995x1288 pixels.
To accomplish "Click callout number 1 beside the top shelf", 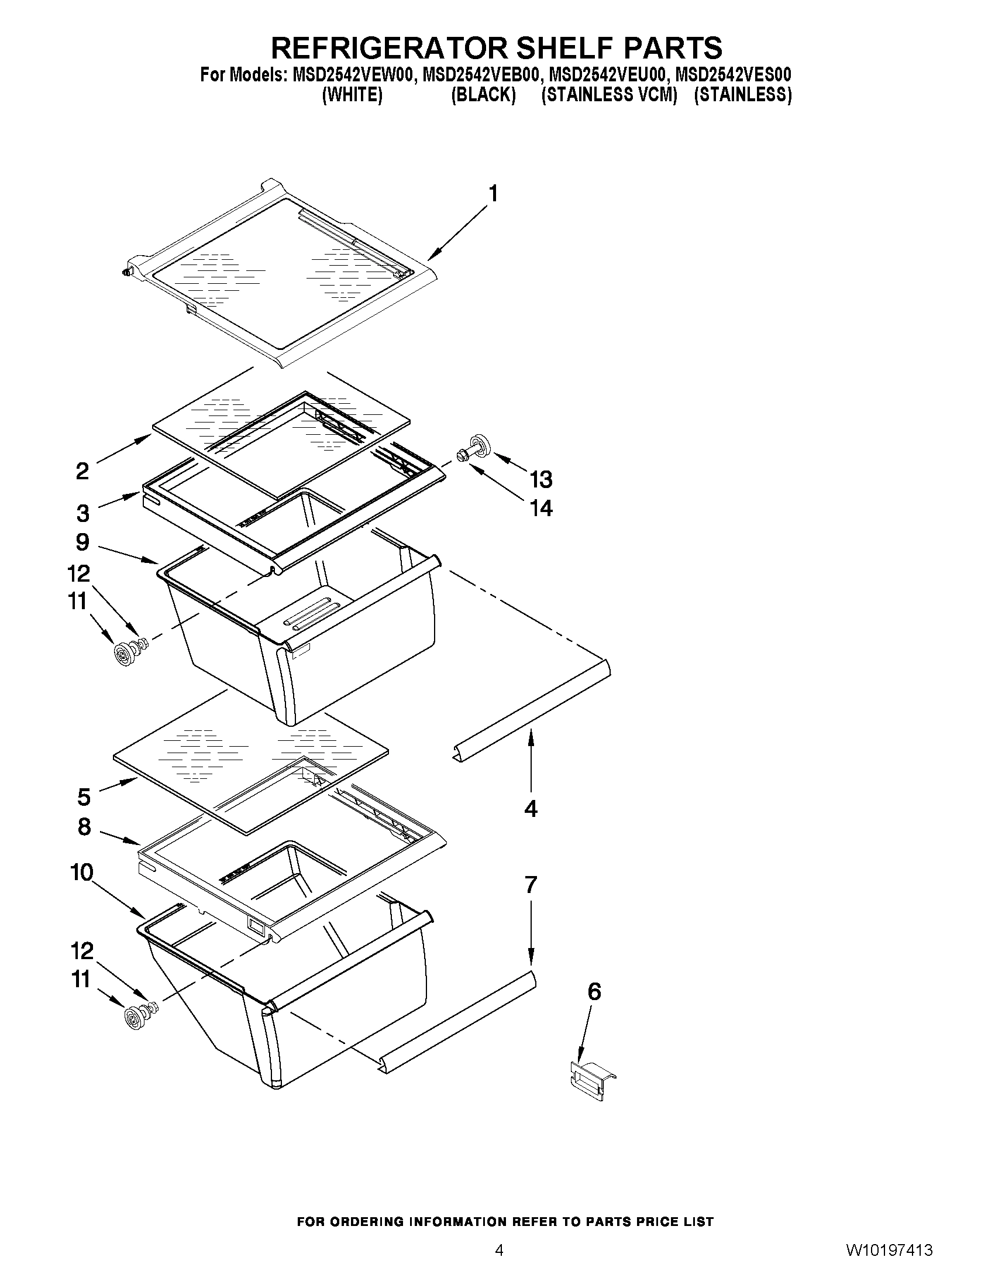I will [x=493, y=194].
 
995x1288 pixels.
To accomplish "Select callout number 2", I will [x=82, y=470].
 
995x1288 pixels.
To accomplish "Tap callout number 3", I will [x=83, y=513].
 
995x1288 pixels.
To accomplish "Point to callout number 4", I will [x=531, y=809].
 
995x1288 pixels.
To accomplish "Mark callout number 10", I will [x=82, y=872].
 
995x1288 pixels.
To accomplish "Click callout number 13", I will [x=540, y=479].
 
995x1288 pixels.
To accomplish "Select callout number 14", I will [x=540, y=508].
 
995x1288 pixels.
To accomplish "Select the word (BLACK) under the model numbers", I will [x=483, y=95].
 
